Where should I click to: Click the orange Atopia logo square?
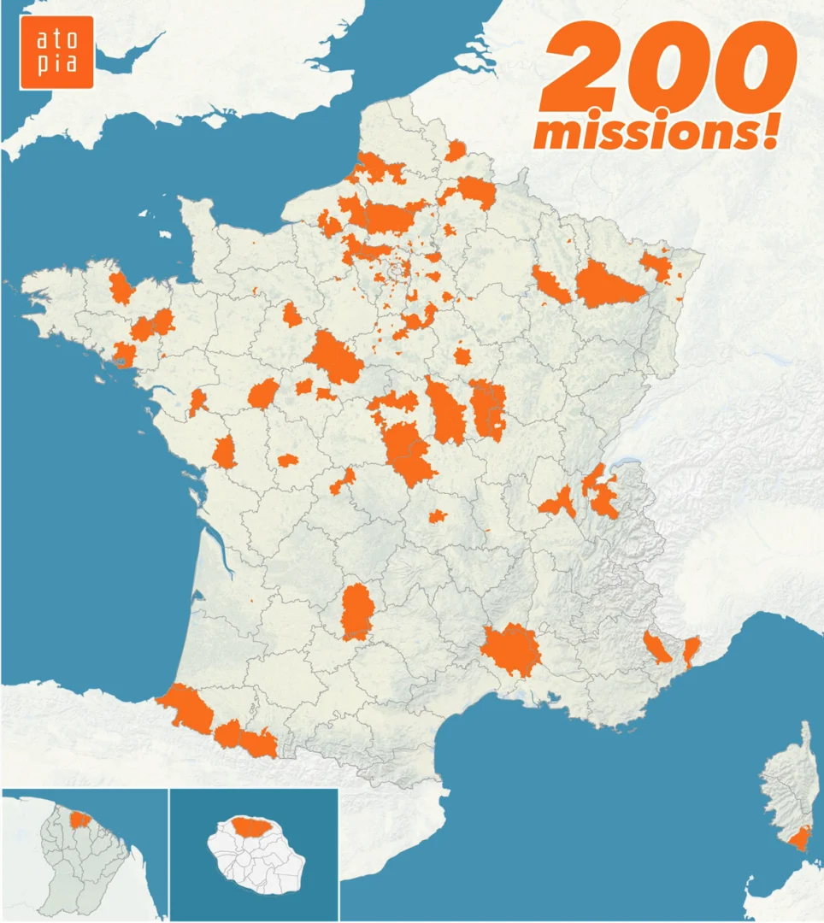56,52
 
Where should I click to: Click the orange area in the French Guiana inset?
79,820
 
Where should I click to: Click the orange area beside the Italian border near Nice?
691,649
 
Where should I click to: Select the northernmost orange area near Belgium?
456,151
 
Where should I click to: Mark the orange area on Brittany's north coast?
121,289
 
